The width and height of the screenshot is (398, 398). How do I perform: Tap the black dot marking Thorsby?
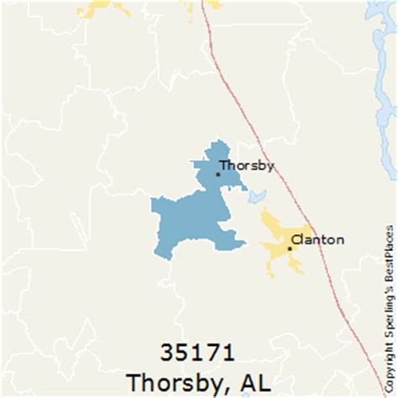(x=217, y=174)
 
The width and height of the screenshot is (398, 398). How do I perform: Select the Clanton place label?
(x=317, y=240)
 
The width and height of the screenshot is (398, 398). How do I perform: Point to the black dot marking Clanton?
(x=291, y=248)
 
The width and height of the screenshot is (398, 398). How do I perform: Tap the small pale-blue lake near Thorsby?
(x=254, y=198)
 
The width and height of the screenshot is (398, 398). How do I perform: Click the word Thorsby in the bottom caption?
(x=170, y=380)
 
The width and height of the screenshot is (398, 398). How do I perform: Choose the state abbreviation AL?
(x=254, y=380)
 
